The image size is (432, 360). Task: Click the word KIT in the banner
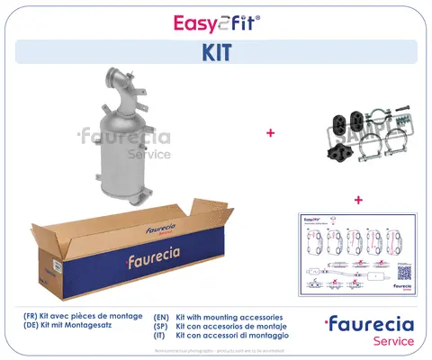(x=215, y=52)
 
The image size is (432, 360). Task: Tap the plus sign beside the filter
(x=269, y=133)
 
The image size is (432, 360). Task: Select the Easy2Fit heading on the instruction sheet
(x=311, y=220)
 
